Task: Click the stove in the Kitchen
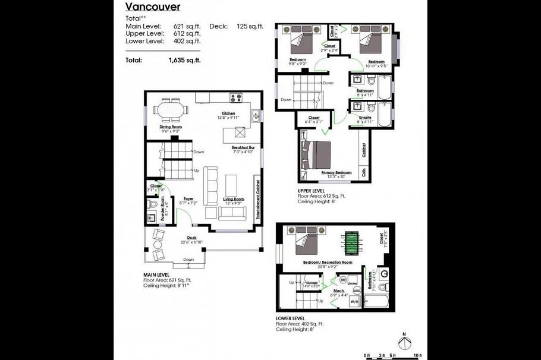(x=236, y=98)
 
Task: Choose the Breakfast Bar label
(x=243, y=147)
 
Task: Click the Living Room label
(x=234, y=198)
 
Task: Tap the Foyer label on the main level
(x=188, y=198)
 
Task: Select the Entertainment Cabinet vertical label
(x=258, y=200)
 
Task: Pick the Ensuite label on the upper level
(x=366, y=118)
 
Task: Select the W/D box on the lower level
(x=354, y=302)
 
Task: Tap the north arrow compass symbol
(x=405, y=343)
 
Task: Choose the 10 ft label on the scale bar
(x=418, y=355)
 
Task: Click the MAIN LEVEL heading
(x=157, y=274)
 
